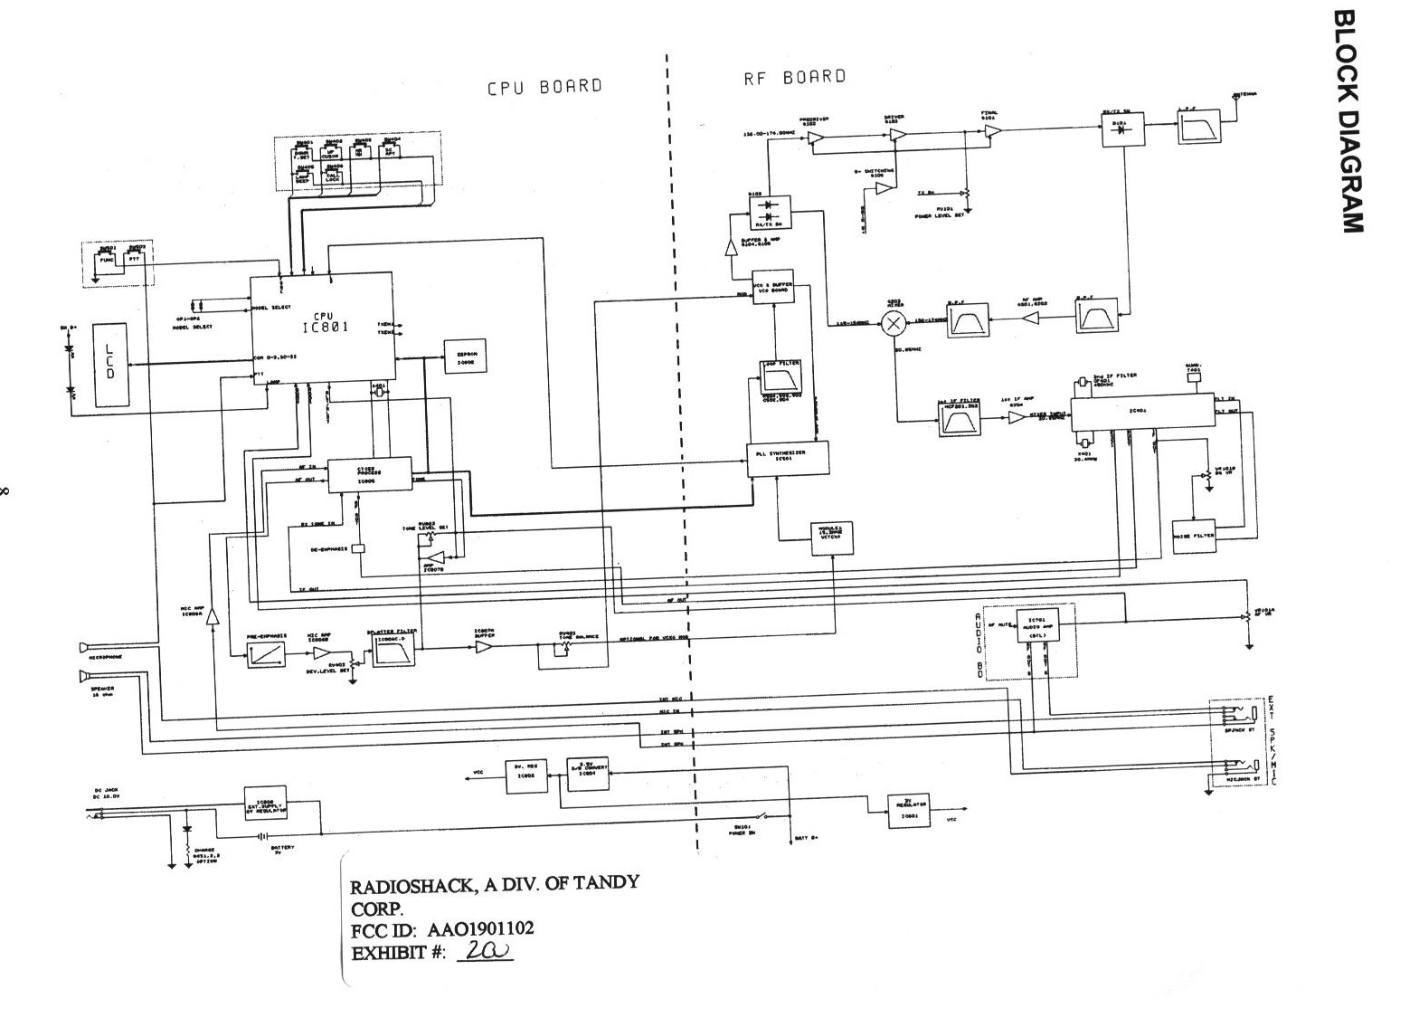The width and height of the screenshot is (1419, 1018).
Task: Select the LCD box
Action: pos(110,362)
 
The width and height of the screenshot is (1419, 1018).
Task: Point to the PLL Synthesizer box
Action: pos(787,460)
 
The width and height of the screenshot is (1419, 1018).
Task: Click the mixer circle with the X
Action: pos(894,322)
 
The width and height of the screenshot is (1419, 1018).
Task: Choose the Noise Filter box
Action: pos(1194,534)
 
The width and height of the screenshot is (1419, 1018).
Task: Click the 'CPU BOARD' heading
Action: pos(544,87)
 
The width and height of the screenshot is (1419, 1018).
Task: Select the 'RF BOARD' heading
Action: pos(794,78)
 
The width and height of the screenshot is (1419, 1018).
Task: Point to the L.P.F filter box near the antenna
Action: pos(1197,132)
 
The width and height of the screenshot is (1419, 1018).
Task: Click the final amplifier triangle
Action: pos(992,133)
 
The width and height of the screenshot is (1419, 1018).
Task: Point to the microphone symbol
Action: pos(85,648)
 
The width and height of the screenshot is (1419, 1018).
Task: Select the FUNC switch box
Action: pos(108,259)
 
